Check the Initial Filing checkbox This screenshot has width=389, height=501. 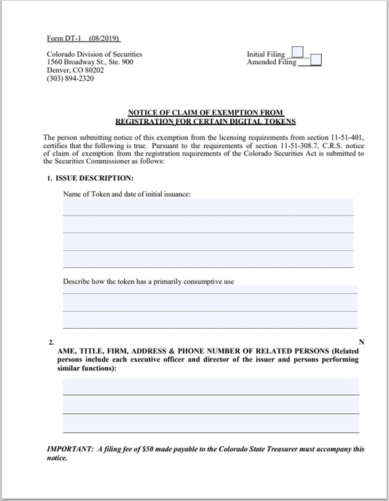point(298,53)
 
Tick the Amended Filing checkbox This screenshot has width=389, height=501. point(316,61)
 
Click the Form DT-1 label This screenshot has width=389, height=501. point(63,38)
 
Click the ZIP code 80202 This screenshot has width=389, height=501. point(91,70)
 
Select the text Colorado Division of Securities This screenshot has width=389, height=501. point(94,54)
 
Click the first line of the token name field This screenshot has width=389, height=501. point(208,207)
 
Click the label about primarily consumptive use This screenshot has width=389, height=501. point(148,281)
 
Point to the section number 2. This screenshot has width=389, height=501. point(50,343)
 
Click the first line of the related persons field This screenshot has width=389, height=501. point(210,386)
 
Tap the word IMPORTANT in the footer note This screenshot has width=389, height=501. point(69,449)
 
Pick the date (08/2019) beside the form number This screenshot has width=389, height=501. point(104,38)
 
